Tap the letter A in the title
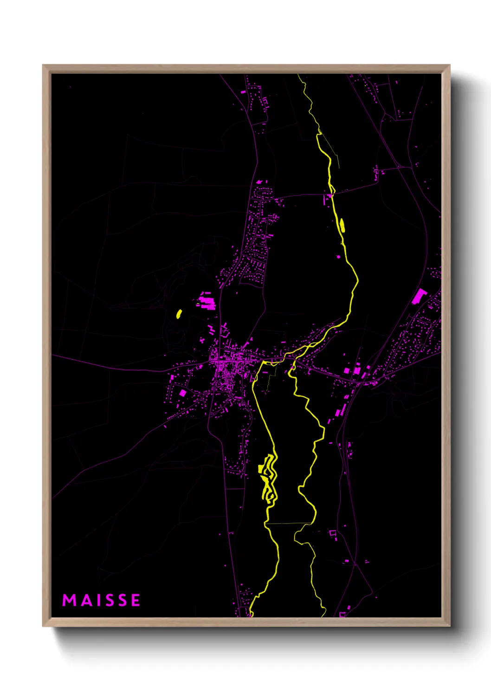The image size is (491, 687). [87, 600]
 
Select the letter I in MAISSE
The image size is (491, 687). [99, 600]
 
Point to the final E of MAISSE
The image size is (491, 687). [136, 600]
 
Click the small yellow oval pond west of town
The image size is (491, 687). [179, 314]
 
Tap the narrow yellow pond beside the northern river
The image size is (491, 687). [342, 225]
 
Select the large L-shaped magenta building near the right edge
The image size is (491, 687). [419, 296]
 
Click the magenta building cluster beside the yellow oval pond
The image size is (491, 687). [206, 301]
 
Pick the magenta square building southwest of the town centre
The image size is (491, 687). [183, 393]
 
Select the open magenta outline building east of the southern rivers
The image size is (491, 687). [332, 533]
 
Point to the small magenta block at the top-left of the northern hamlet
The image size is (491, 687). [243, 92]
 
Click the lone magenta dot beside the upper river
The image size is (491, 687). [338, 256]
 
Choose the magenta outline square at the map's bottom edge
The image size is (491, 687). [342, 615]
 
